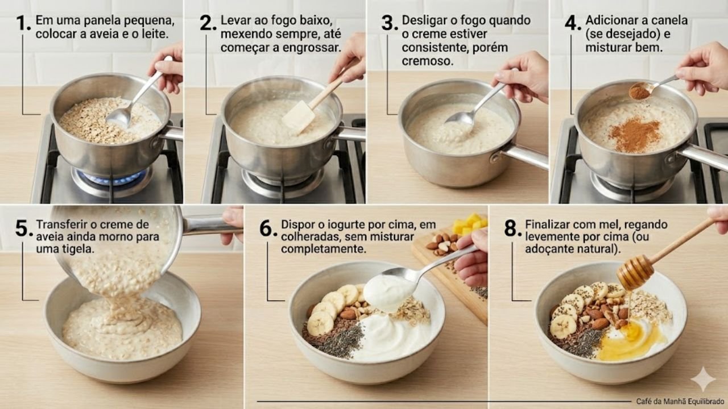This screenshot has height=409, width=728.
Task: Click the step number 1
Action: coord(24,23)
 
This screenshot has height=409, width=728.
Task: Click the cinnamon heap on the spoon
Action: coord(639,91)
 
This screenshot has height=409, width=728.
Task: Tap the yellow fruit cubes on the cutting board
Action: coord(470,224)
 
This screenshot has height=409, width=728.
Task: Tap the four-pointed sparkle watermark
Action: coord(703,379)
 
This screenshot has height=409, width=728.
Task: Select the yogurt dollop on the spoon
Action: coord(388,292)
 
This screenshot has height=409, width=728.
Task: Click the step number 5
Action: coord(24,228)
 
